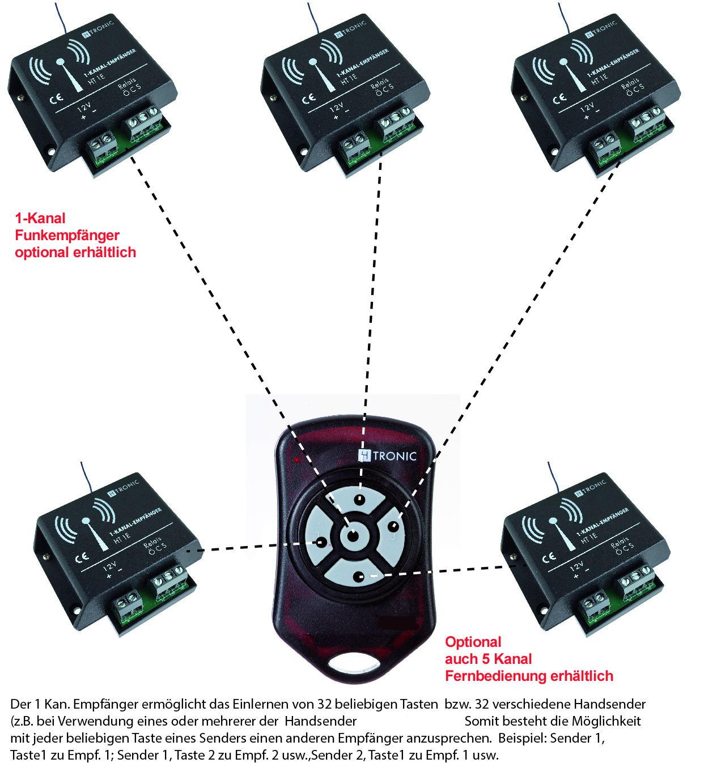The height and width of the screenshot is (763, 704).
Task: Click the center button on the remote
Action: (353, 535)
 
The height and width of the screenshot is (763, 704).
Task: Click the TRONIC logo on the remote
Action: (388, 456)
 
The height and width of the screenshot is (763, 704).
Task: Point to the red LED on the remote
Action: (296, 460)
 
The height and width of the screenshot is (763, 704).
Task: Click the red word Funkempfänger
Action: (67, 235)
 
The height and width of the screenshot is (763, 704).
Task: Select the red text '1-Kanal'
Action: (40, 218)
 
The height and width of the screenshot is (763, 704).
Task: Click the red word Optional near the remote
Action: (473, 642)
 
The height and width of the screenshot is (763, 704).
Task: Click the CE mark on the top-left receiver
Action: (56, 99)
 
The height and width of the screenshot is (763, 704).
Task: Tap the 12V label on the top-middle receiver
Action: (337, 107)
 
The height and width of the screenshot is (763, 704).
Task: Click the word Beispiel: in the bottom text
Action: (521, 738)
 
